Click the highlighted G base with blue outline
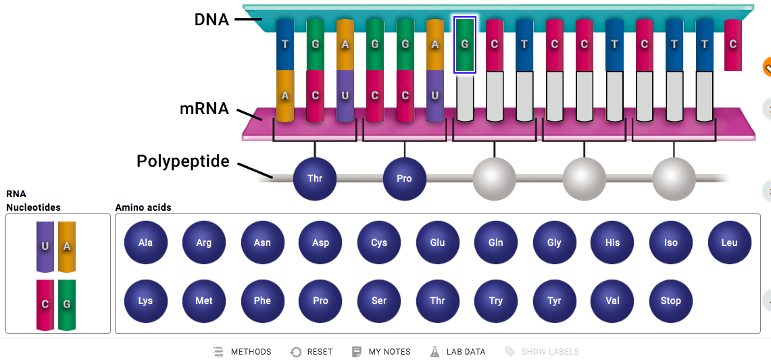(x=465, y=45)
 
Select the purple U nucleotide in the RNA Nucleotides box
(x=45, y=247)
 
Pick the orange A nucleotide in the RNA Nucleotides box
(x=67, y=247)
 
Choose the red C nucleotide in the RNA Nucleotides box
(x=45, y=305)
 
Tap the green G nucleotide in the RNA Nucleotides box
(x=67, y=305)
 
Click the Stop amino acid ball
(x=671, y=301)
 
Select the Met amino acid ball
(x=204, y=301)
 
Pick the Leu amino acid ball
(x=730, y=243)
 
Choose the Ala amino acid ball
(x=145, y=243)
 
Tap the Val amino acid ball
(x=613, y=301)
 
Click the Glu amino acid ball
(x=438, y=243)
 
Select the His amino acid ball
(x=613, y=243)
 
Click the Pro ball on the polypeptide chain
(x=405, y=179)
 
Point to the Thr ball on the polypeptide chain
(x=315, y=179)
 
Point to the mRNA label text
(x=204, y=108)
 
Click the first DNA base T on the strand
(x=284, y=45)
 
